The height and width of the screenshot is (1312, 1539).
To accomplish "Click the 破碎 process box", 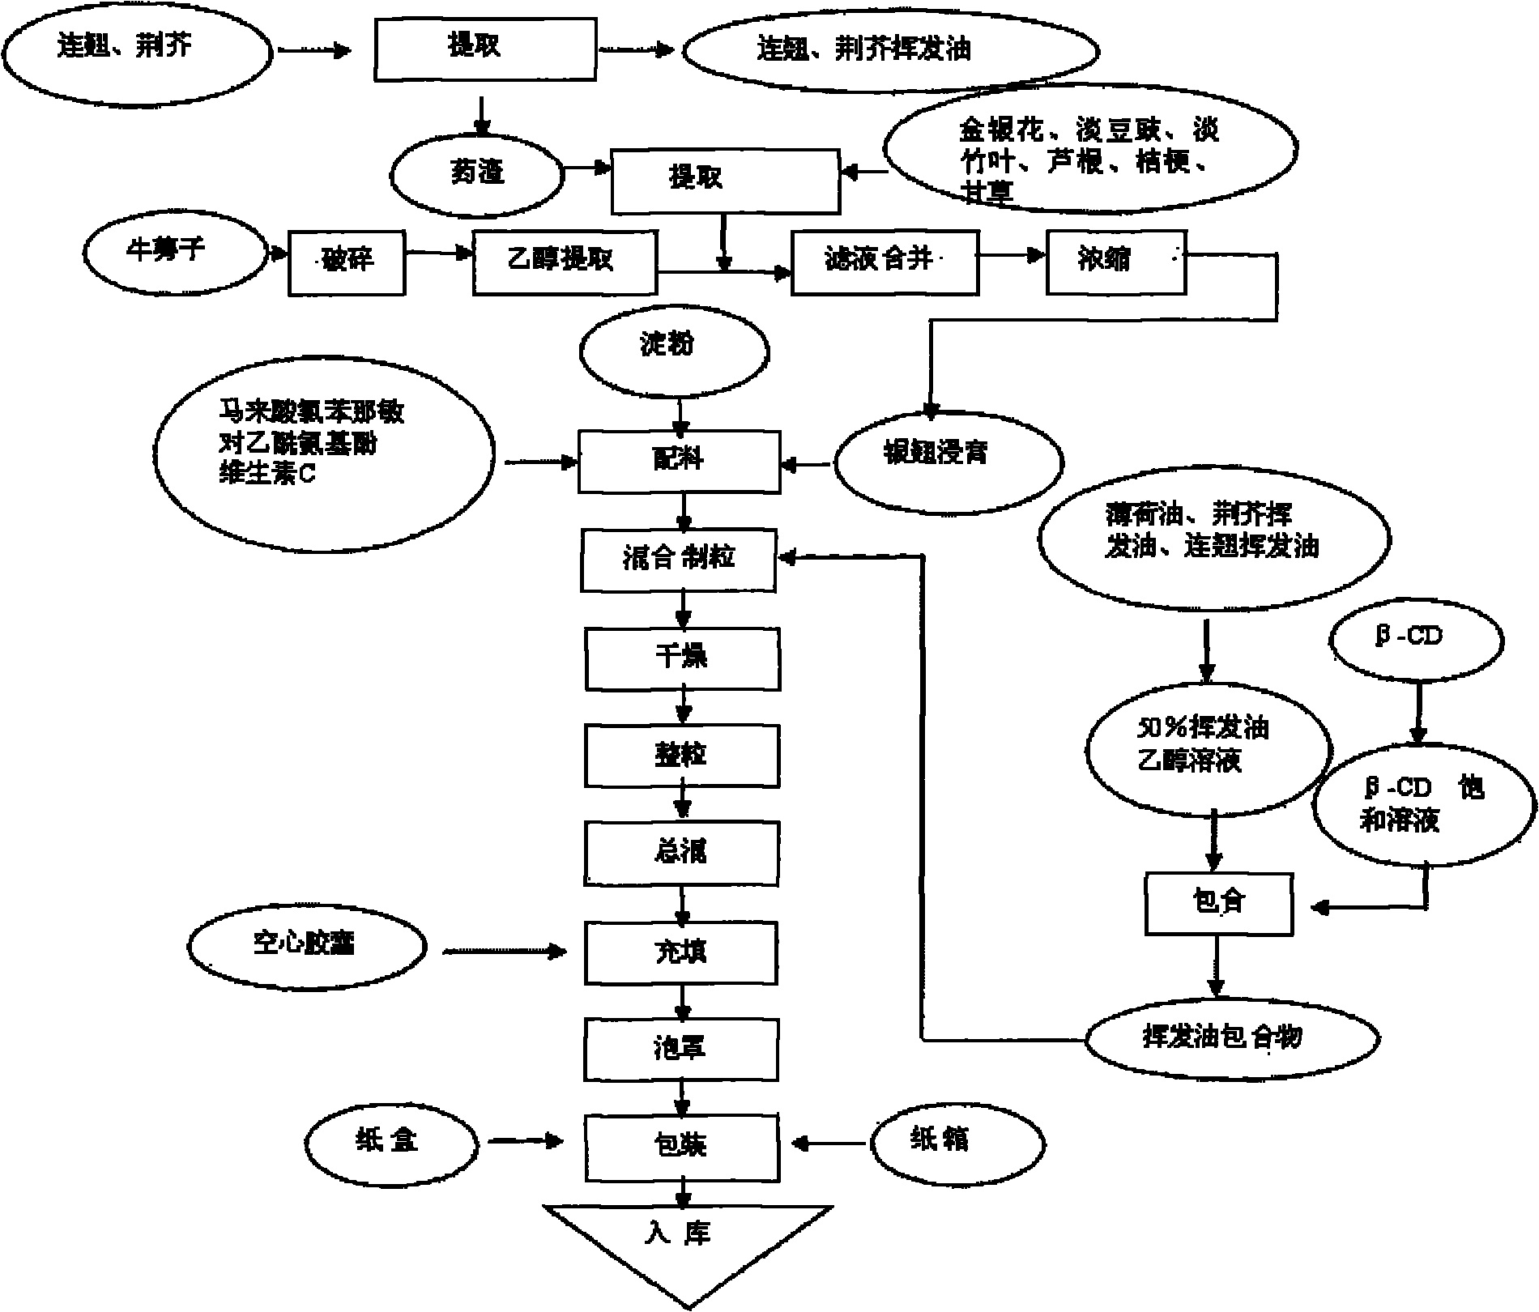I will tap(347, 262).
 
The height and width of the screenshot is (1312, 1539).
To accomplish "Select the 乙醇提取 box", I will tap(565, 262).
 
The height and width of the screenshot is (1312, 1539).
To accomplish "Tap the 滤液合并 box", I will tap(885, 262).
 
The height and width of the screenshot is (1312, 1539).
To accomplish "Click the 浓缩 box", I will tap(1116, 262).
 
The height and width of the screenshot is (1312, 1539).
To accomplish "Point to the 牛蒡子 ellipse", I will tap(174, 251).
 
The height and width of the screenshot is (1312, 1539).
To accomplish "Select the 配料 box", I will tap(679, 462).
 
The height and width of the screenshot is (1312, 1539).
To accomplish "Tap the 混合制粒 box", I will tap(679, 560).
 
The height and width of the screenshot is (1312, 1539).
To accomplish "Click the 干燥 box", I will tap(682, 658).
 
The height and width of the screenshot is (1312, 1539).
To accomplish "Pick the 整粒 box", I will tap(681, 756).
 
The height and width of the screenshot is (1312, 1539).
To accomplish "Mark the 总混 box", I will tap(681, 854).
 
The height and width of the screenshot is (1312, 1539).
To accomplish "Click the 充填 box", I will tap(681, 952).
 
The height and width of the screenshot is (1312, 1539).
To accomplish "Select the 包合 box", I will tap(1218, 903).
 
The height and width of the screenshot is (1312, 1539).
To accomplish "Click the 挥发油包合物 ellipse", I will tap(1231, 1037).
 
